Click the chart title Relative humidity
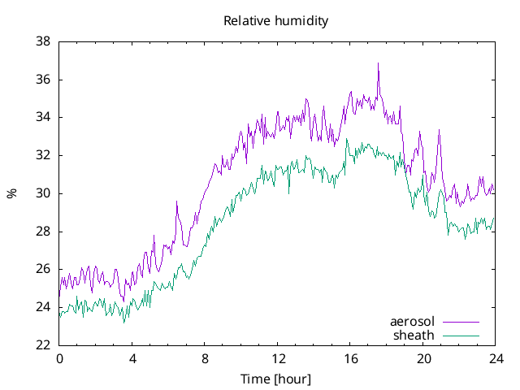click(x=276, y=21)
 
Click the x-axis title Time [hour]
click(x=276, y=379)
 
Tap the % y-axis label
click(x=11, y=193)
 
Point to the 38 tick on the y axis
click(x=44, y=41)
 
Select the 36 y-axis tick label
click(x=44, y=80)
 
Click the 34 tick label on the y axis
click(x=44, y=117)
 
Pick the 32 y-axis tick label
click(x=44, y=155)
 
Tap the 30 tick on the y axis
click(x=44, y=193)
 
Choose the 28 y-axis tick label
click(x=44, y=232)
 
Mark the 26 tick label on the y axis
click(x=44, y=269)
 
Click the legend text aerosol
click(x=413, y=322)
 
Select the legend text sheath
click(x=414, y=335)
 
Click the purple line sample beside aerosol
click(x=461, y=322)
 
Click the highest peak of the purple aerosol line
click(x=378, y=64)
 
